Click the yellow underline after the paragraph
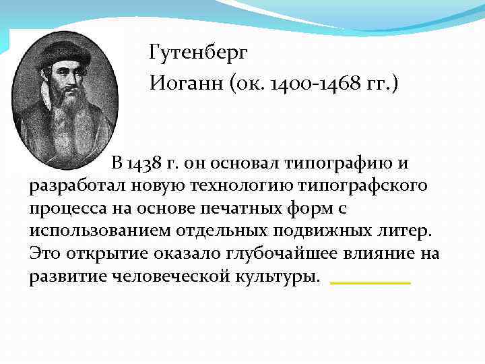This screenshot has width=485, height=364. pyautogui.click(x=370, y=282)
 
